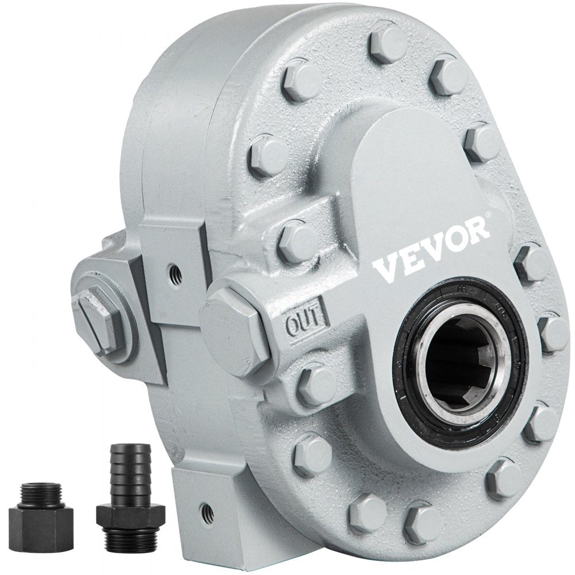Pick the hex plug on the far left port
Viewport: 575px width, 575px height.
(x=98, y=323)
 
